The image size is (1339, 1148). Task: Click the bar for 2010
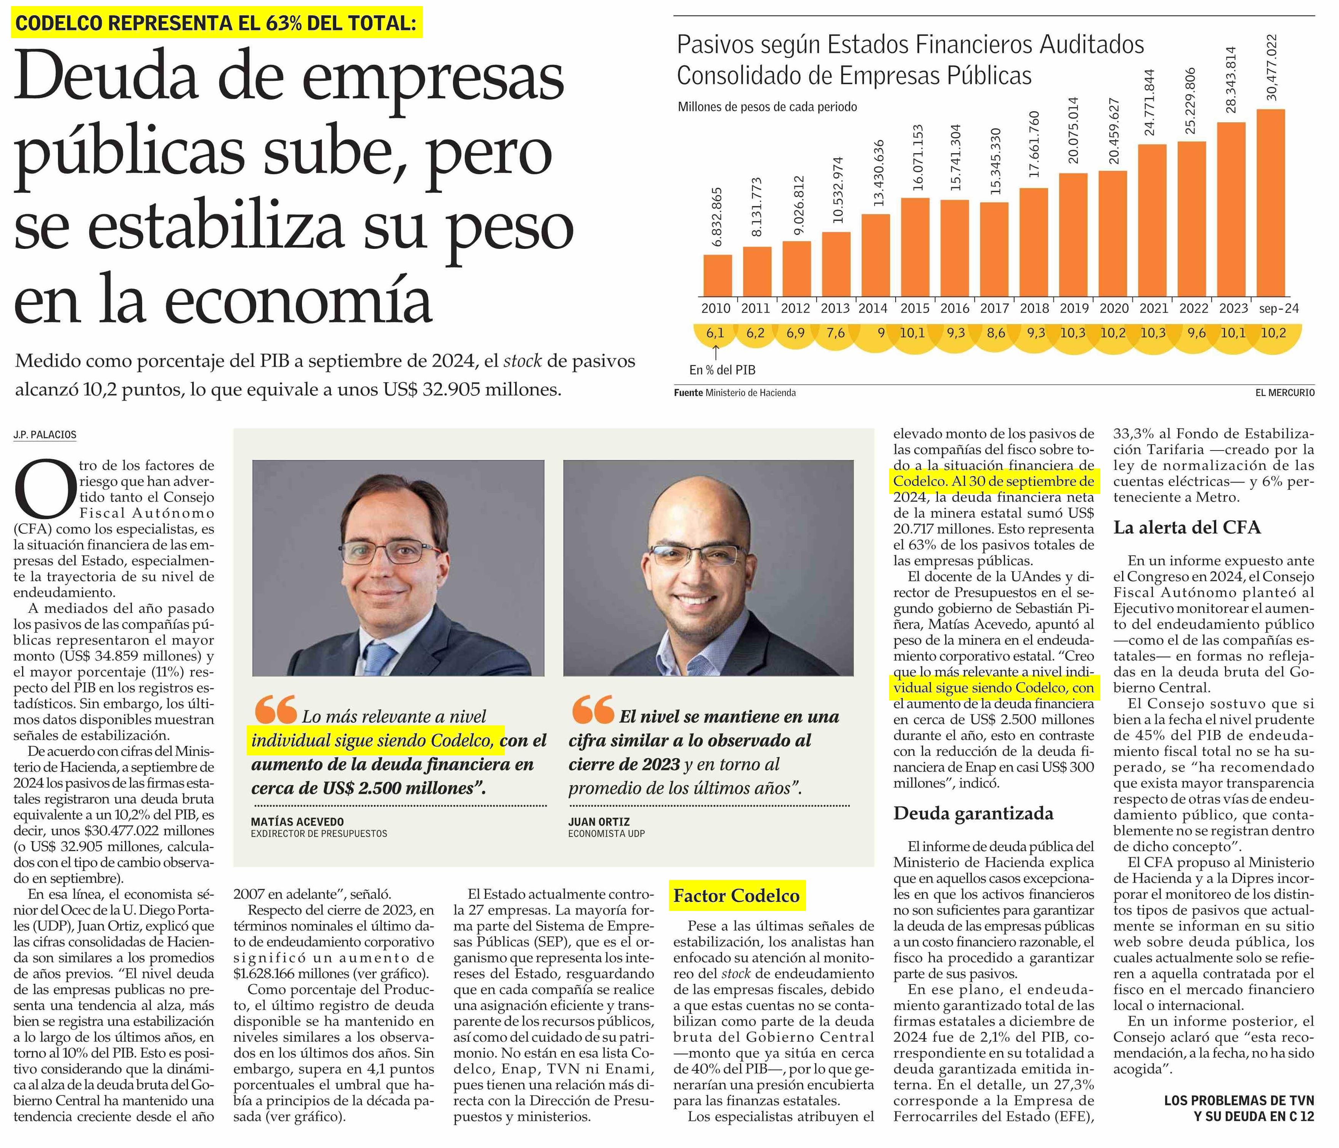[717, 275]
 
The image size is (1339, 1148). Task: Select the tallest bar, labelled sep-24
[1270, 203]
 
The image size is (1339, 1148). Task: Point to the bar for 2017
[994, 249]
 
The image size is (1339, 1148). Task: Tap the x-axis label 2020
[1113, 309]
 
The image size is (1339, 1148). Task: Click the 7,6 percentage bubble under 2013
[836, 333]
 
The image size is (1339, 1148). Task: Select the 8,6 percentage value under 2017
[996, 333]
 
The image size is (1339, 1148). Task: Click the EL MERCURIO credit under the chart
[1285, 393]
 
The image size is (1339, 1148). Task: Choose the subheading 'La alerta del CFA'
[1187, 528]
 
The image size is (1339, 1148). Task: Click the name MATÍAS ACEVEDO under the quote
[297, 822]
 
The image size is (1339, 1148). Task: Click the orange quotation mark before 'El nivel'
[592, 709]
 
